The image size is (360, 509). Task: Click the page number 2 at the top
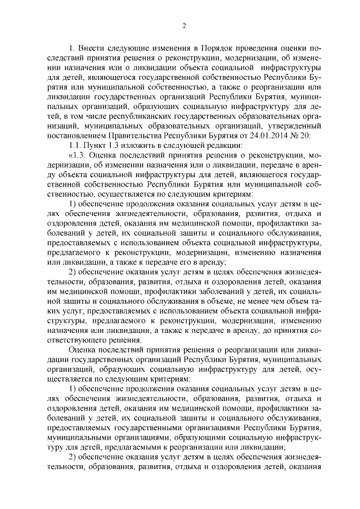pos(184,26)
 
